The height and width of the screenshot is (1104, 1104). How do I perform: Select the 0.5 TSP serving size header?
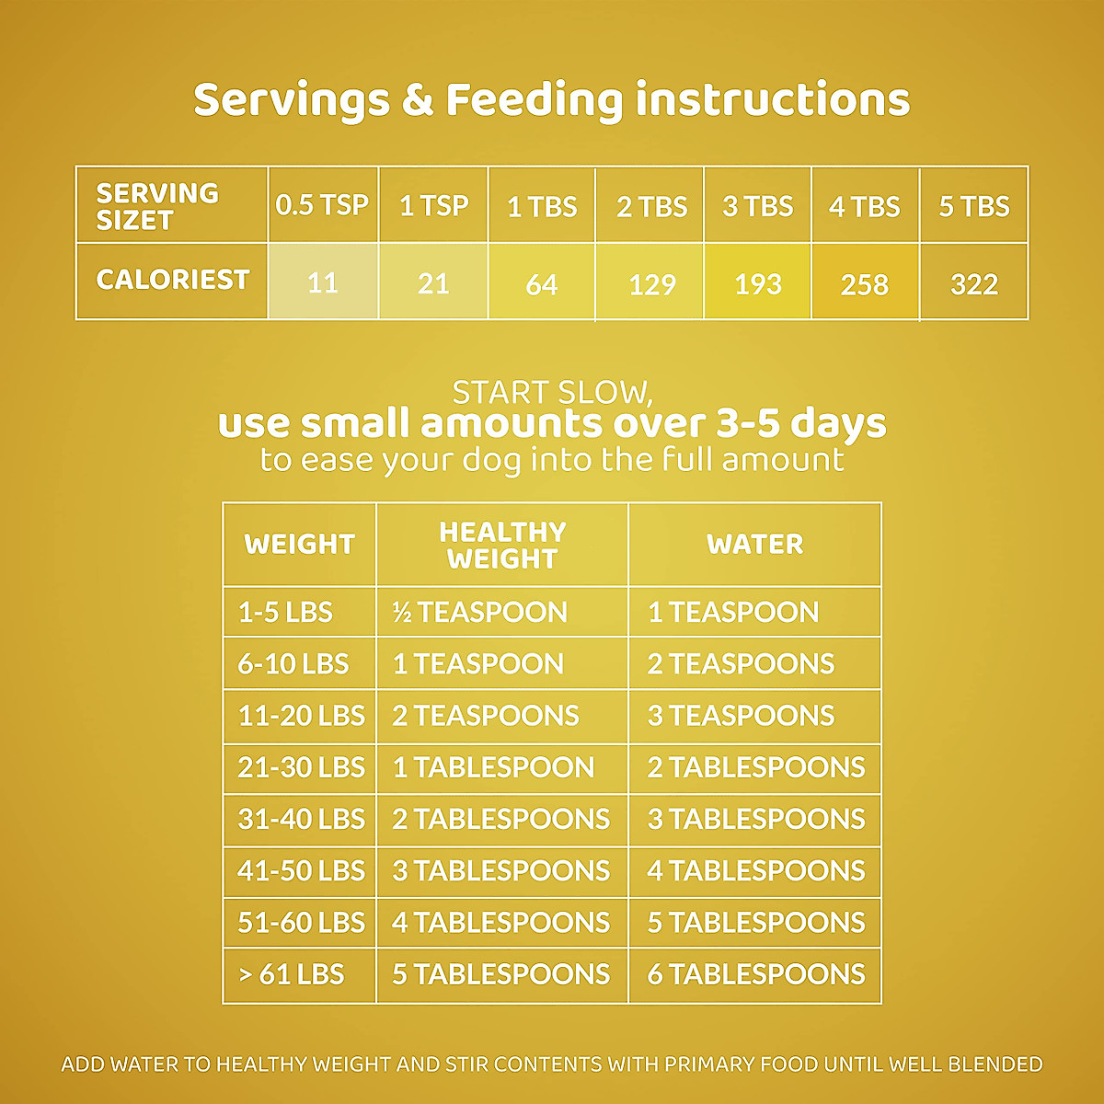[x=322, y=205]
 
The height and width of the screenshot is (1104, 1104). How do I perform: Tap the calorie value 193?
[x=757, y=283]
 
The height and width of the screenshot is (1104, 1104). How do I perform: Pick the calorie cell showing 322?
[x=973, y=283]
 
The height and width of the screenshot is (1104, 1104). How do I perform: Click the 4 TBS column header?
[x=864, y=206]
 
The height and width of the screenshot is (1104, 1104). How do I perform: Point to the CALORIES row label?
[x=172, y=280]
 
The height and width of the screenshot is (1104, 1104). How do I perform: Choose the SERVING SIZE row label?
[x=156, y=206]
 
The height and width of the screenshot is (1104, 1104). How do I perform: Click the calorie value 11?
[x=323, y=282]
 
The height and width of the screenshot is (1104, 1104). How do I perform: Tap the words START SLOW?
[x=552, y=393]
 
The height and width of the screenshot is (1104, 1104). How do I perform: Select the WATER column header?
[x=754, y=544]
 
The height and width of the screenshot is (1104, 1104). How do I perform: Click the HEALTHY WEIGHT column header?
[x=502, y=545]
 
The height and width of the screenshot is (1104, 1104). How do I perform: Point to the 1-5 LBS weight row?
[x=285, y=612]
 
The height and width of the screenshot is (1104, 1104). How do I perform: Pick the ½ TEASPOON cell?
[x=480, y=612]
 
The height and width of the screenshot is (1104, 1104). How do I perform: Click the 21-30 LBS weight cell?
[x=301, y=767]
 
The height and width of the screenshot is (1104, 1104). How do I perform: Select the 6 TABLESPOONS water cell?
[x=755, y=974]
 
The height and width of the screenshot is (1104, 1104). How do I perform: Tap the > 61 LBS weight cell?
[x=291, y=974]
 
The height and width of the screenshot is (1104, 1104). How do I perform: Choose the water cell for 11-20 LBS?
[x=741, y=716]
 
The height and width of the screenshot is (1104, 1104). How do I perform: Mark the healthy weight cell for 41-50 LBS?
[x=500, y=870]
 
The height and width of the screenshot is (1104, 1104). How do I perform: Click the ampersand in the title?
[x=417, y=100]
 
